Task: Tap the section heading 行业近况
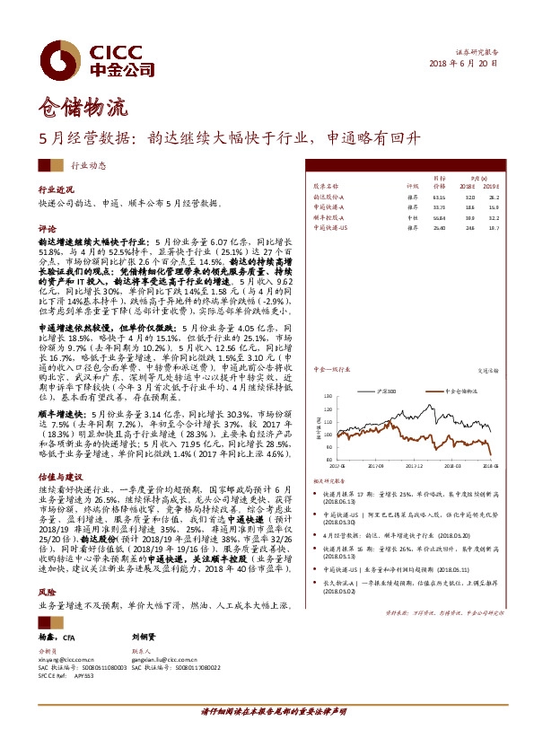[56, 190]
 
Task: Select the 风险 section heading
[47, 593]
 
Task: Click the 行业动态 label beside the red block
[88, 166]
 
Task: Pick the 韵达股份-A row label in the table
[330, 196]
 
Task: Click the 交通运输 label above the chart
[488, 369]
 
